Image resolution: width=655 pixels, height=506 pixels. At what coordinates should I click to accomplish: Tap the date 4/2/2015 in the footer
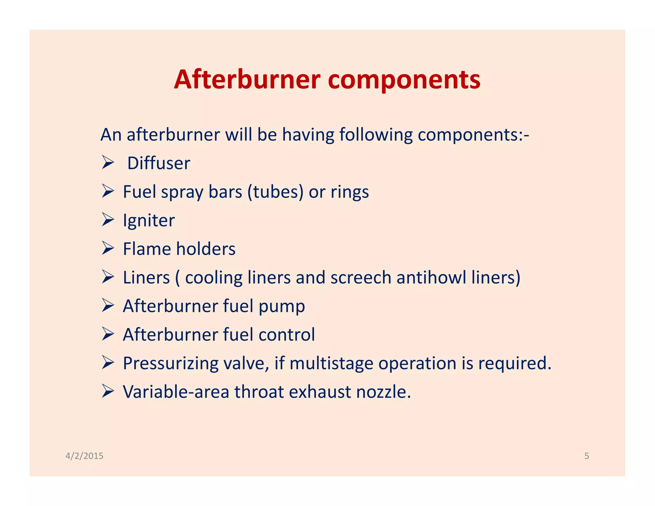pos(84,456)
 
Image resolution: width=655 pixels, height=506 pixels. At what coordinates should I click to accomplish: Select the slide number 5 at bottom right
pos(587,456)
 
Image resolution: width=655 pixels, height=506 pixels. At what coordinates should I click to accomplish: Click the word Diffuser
pos(159,163)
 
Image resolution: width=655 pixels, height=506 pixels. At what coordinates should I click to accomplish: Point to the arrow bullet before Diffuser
pos(108,162)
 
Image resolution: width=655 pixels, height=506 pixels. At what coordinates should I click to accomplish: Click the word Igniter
pos(149,221)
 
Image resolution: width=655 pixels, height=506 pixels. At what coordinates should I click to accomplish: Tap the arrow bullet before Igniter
pos(108,220)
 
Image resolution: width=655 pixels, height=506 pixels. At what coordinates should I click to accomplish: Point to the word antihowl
pos(431,277)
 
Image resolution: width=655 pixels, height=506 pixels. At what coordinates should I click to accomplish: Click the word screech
pos(361,277)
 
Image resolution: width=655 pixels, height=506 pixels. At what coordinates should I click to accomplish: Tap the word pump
pos(281,307)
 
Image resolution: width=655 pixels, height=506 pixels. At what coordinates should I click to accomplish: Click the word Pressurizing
pos(170,364)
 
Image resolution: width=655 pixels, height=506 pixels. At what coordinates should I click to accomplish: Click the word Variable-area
pos(176,392)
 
